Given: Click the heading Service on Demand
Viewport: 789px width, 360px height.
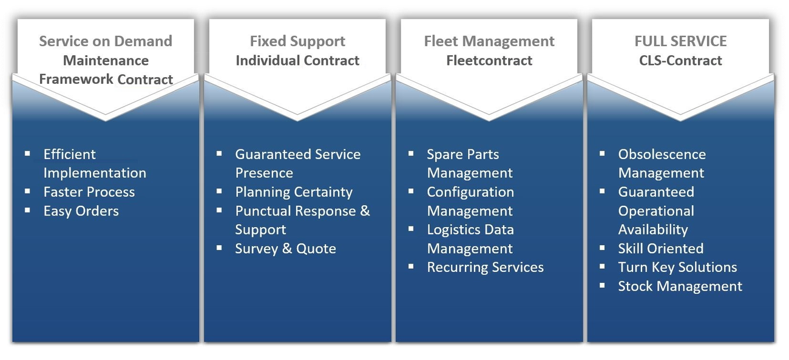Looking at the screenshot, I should [x=106, y=41].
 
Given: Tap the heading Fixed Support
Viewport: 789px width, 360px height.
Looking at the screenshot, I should [x=297, y=41].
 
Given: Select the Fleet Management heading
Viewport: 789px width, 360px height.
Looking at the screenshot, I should [x=489, y=41].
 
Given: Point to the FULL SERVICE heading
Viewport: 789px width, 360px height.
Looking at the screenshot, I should [x=680, y=41].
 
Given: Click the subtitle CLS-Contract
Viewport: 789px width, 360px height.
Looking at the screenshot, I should [x=680, y=61].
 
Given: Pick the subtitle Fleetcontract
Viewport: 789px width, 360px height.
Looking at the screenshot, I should [x=489, y=61].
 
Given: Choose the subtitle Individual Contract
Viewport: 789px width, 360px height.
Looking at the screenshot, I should [x=297, y=61].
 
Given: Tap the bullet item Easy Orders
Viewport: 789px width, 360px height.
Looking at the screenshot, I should [x=81, y=211].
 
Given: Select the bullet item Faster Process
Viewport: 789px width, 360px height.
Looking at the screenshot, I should [x=89, y=192].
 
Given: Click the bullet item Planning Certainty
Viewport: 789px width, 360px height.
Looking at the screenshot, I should [x=294, y=192].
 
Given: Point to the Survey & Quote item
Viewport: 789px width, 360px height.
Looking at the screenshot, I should [x=285, y=249].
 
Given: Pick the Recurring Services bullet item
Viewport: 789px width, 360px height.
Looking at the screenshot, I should [x=485, y=268].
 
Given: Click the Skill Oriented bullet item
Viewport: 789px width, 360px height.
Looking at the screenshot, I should [x=660, y=249].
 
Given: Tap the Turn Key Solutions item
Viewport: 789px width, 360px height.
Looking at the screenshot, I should [x=677, y=268].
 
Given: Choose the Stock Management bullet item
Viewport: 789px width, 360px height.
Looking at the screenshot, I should [x=680, y=287].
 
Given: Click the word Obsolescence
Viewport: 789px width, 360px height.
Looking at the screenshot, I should [x=662, y=155].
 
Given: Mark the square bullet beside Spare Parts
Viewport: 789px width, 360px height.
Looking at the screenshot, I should [x=411, y=154].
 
